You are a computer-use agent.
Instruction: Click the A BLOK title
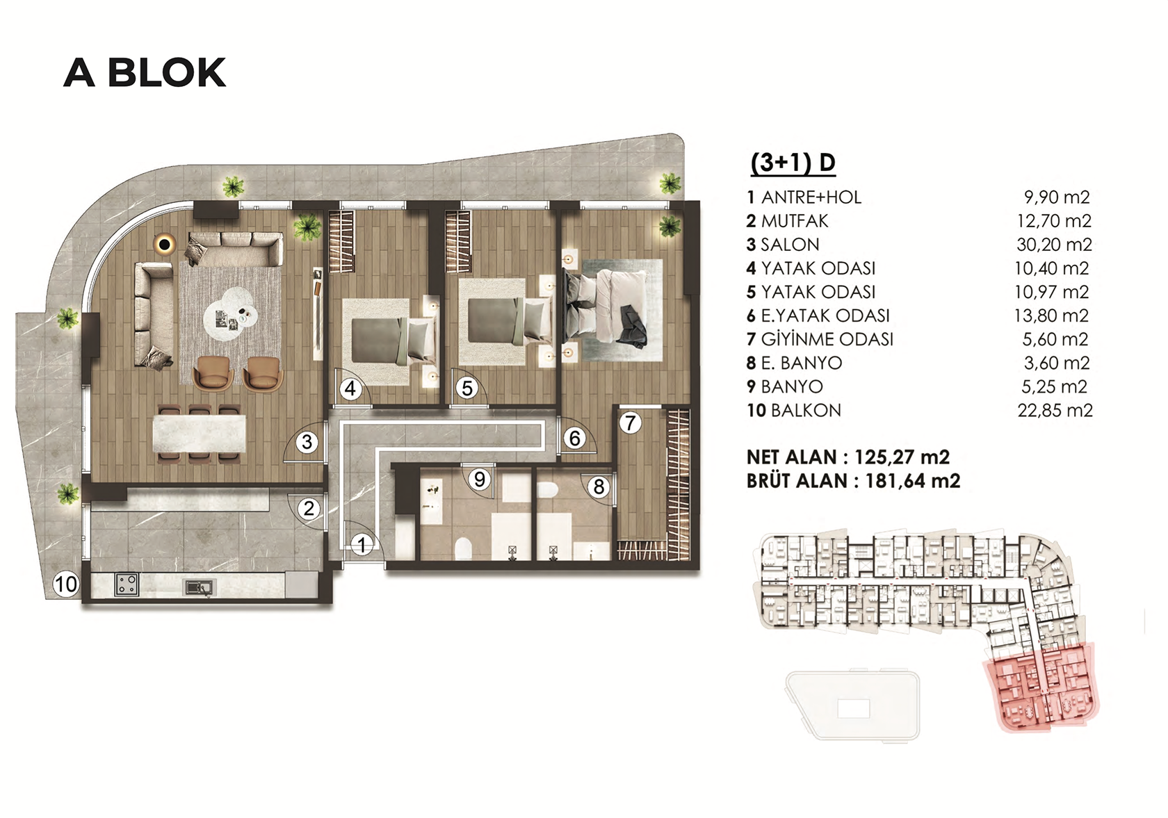[145, 72]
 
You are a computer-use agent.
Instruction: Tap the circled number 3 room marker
[307, 442]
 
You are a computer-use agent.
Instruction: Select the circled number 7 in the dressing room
[631, 423]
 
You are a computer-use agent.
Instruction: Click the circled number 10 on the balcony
[65, 584]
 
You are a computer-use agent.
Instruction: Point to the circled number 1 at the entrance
[362, 545]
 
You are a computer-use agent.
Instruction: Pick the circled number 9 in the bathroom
[480, 479]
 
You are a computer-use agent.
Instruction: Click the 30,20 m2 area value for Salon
[1053, 245]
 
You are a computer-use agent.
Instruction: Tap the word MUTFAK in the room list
[795, 221]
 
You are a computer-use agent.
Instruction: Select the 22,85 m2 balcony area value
[1054, 410]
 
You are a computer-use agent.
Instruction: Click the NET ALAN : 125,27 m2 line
[848, 457]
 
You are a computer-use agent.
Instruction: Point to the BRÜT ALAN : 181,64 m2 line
[853, 481]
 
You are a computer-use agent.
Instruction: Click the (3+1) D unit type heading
[793, 163]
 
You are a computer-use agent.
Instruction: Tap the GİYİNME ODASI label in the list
[827, 339]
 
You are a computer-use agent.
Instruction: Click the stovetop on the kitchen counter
[127, 584]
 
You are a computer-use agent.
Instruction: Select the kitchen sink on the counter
[199, 587]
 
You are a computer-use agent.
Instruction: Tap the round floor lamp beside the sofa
[166, 243]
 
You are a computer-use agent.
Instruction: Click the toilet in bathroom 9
[462, 548]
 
